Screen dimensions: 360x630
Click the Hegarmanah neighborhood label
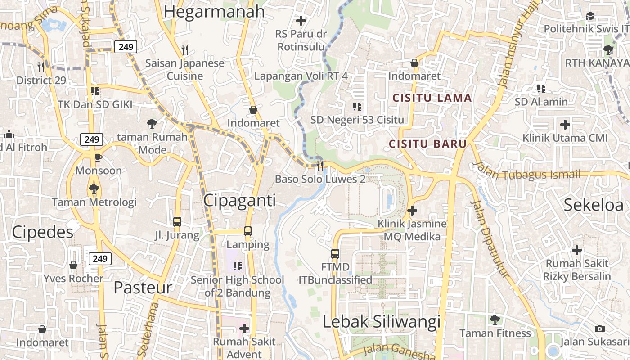214,12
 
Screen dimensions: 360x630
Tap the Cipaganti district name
239,201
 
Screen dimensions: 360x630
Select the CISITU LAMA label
432,98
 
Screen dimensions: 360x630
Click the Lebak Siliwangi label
382,322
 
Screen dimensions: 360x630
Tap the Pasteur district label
143,288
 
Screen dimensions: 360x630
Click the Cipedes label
42,232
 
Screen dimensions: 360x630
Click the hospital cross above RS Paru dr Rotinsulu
301,20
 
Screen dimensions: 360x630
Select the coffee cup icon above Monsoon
99,157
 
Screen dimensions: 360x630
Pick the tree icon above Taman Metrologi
94,189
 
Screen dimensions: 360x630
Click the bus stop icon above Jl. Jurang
177,221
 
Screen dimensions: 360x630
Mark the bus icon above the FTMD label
335,253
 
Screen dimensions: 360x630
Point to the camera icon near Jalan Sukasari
599,328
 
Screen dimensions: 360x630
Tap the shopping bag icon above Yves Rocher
73,265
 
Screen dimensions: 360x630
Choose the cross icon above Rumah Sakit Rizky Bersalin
577,250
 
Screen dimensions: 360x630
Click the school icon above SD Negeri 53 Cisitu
357,107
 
